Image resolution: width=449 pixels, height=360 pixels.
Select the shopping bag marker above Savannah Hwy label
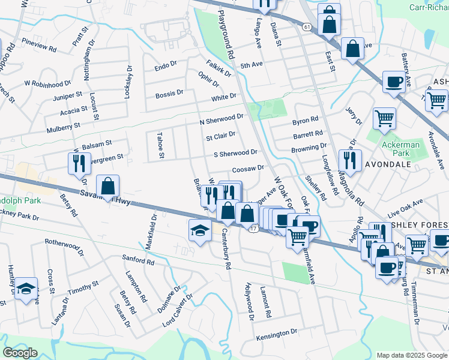tap(107, 186)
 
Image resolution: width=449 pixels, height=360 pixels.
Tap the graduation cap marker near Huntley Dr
tap(26, 289)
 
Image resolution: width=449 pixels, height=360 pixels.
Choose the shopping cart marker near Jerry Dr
tap(384, 118)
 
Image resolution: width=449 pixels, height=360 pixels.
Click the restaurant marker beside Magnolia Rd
tap(349, 160)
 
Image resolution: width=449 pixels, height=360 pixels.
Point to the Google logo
tap(21, 353)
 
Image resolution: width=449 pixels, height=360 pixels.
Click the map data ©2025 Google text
tap(412, 355)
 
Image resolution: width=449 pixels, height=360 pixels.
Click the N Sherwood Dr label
tap(221, 119)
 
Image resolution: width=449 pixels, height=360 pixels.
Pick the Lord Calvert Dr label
tap(178, 311)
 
